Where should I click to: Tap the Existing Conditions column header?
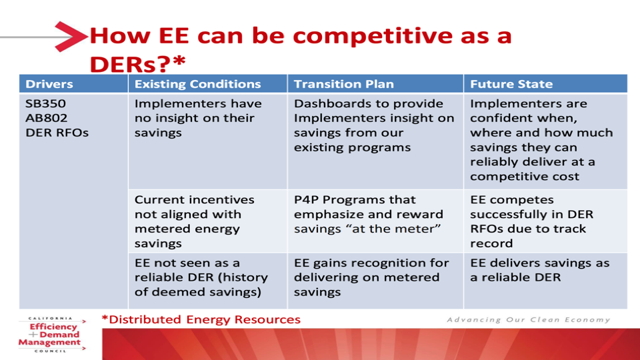click(x=197, y=84)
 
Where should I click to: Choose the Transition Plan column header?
click(x=344, y=84)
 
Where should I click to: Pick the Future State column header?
click(x=511, y=84)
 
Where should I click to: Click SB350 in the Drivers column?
click(x=45, y=104)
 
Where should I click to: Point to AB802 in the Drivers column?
click(x=46, y=118)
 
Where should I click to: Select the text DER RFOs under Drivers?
click(x=57, y=133)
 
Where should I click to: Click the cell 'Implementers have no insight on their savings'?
click(x=198, y=118)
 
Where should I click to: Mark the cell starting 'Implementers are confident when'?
click(x=541, y=140)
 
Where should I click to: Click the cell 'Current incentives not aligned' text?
click(x=194, y=221)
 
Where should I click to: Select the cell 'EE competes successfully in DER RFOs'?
click(x=531, y=221)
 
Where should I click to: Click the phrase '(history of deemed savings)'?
click(x=201, y=285)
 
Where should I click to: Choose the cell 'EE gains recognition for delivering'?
click(x=371, y=277)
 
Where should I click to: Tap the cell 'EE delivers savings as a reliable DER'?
click(x=539, y=270)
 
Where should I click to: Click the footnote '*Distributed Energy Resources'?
click(x=201, y=319)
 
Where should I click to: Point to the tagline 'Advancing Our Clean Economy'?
click(x=529, y=319)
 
